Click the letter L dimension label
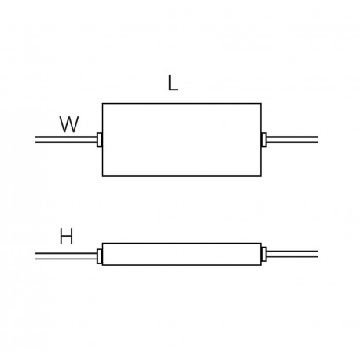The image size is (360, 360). [x=173, y=83]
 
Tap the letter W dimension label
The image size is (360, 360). [x=69, y=124]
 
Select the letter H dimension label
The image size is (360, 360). [x=66, y=237]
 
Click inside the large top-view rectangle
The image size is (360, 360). [x=182, y=140]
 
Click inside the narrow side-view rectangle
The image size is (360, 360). [x=182, y=254]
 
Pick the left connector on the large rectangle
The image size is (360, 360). [x=99, y=140]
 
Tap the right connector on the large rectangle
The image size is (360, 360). [x=264, y=140]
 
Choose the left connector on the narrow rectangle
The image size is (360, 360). [x=99, y=256]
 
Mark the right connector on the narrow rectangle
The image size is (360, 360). [x=264, y=254]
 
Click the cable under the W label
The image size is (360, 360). [x=66, y=140]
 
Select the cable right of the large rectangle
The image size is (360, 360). [x=292, y=140]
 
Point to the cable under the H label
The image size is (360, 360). [x=66, y=256]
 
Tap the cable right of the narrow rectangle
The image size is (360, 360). [x=292, y=254]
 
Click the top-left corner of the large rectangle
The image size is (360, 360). [x=102, y=104]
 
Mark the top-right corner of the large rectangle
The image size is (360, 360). [x=261, y=104]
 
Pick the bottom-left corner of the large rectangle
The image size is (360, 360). [x=102, y=176]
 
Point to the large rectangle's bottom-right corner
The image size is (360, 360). [x=261, y=176]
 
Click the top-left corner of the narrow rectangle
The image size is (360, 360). [x=102, y=244]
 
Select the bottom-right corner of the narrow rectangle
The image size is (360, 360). [x=261, y=265]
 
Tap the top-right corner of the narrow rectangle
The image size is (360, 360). [x=261, y=244]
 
